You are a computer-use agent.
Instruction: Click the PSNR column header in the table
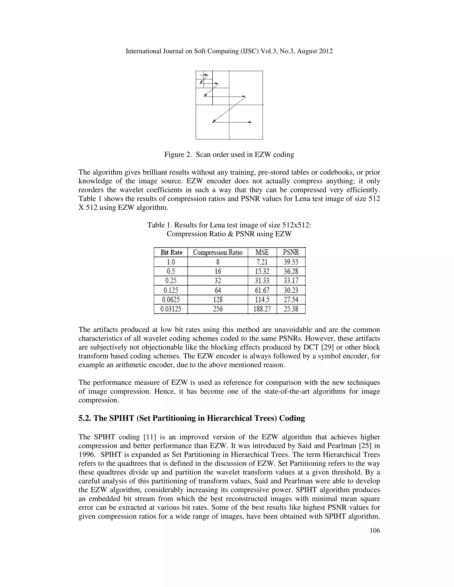click(x=291, y=252)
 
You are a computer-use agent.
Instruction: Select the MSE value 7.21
click(x=262, y=262)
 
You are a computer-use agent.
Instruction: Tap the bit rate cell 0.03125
click(x=171, y=309)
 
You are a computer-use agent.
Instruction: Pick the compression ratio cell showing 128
click(x=218, y=299)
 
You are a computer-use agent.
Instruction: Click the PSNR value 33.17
click(x=291, y=281)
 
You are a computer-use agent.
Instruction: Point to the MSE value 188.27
click(x=262, y=309)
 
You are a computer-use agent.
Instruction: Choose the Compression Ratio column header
click(x=218, y=252)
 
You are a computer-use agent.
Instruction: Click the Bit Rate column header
click(x=171, y=252)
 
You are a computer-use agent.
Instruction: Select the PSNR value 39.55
click(x=291, y=262)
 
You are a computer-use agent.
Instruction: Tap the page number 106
click(x=375, y=530)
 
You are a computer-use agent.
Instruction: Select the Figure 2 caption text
click(x=229, y=155)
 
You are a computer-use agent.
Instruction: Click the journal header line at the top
click(x=229, y=51)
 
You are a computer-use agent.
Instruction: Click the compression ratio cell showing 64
click(x=218, y=290)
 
